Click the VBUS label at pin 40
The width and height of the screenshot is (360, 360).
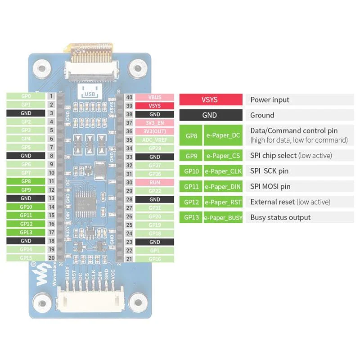(x=154, y=97)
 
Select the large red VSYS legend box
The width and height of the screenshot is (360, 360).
(x=210, y=100)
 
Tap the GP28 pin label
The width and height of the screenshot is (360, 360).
(x=154, y=148)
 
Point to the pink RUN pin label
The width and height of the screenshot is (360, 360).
(x=154, y=182)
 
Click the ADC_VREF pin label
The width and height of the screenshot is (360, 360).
(x=154, y=140)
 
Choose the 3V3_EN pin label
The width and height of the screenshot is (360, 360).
(x=154, y=123)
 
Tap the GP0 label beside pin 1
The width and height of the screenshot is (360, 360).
(x=26, y=96)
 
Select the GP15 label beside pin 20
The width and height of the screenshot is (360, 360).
(x=26, y=258)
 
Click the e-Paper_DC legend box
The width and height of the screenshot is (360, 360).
(x=223, y=135)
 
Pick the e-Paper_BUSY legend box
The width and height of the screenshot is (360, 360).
(x=223, y=217)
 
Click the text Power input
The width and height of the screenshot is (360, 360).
(x=270, y=100)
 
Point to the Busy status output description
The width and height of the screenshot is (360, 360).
(x=280, y=217)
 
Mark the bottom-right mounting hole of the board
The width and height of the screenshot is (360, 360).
(x=136, y=302)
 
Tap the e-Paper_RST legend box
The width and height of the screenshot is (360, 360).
(x=223, y=202)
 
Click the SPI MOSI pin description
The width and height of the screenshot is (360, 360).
(x=270, y=186)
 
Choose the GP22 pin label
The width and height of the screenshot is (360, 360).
(x=154, y=191)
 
